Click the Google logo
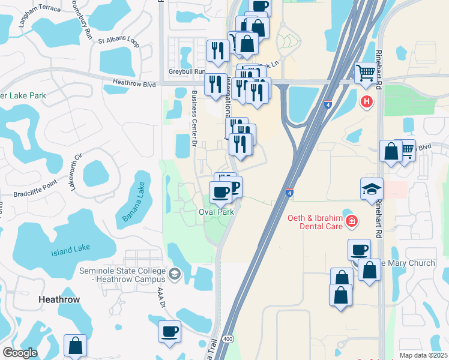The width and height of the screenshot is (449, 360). [x=20, y=353]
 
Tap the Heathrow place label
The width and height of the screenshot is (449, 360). [x=59, y=299]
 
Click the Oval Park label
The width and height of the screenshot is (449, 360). [x=216, y=212]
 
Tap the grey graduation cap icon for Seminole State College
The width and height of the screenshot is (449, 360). [x=174, y=274]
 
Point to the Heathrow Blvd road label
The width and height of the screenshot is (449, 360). [x=134, y=84]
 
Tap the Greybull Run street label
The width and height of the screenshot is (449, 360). [x=188, y=71]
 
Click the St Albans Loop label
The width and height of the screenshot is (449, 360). [x=119, y=43]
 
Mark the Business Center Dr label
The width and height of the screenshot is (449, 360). [x=194, y=118]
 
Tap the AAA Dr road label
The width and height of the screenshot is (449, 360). [x=160, y=297]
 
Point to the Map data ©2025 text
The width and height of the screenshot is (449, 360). [x=424, y=355]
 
